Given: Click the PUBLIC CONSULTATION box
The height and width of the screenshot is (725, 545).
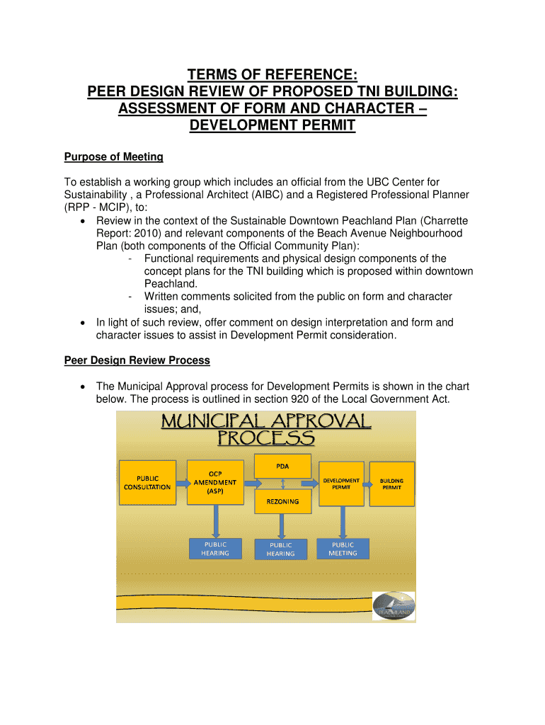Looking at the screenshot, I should click(147, 482).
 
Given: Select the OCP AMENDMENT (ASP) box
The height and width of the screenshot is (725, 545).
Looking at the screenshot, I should click(215, 481).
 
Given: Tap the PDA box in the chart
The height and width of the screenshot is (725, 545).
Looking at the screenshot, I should click(282, 465).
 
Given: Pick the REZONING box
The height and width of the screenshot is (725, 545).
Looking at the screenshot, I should click(282, 501).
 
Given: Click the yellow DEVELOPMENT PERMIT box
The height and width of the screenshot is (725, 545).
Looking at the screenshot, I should click(341, 483).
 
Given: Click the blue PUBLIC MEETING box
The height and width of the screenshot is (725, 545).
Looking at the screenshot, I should click(343, 549).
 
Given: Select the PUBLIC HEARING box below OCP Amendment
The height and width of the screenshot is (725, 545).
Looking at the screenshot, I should click(215, 549).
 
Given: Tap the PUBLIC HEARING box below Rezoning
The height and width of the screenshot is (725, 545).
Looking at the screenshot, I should click(280, 549).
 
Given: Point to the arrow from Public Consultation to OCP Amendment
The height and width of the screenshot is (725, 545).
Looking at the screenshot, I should click(180, 483).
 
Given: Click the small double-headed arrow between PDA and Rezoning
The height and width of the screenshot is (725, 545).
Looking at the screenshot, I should click(282, 483).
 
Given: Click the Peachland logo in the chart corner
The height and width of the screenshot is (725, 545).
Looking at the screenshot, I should click(393, 606).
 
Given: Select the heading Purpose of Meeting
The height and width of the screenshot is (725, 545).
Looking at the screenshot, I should click(114, 156).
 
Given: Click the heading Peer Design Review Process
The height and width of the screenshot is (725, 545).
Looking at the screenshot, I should click(137, 360).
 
